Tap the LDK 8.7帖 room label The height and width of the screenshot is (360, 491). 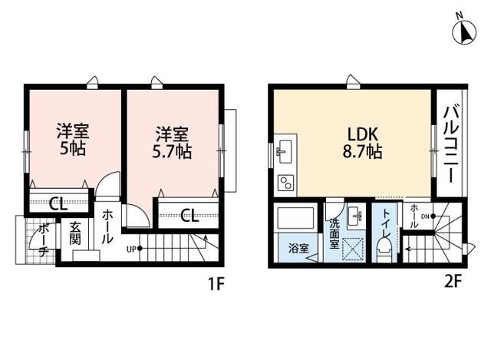(x=363, y=141)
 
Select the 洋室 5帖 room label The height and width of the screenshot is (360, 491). (x=71, y=138)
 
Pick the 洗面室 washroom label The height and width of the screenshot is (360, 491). (x=335, y=234)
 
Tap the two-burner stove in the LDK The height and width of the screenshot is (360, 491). (x=285, y=183)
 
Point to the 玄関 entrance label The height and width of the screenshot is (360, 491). (x=75, y=233)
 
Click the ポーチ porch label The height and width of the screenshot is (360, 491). (x=44, y=238)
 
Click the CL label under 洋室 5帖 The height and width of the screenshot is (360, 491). (x=56, y=203)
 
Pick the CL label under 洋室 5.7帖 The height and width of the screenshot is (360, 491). (x=189, y=213)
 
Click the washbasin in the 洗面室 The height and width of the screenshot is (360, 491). (x=354, y=217)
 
